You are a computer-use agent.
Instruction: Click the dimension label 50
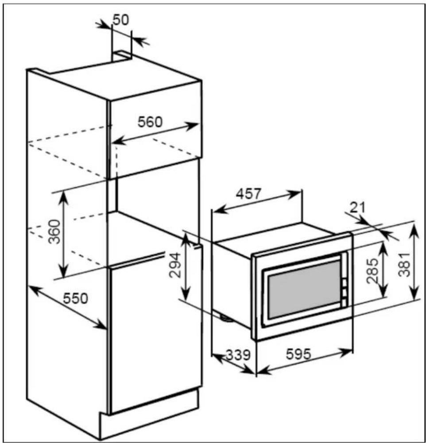(x=121, y=20)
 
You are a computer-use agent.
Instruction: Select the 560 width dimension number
(x=150, y=122)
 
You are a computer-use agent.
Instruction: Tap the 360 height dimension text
(x=54, y=231)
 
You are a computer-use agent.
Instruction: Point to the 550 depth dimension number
(x=75, y=298)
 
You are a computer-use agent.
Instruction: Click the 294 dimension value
(x=174, y=265)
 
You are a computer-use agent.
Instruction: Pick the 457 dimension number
(x=249, y=194)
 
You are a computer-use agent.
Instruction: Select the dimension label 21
(x=357, y=208)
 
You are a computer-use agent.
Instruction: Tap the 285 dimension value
(x=372, y=271)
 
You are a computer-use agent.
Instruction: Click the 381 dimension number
(x=404, y=265)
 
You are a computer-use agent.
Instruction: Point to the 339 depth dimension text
(x=238, y=355)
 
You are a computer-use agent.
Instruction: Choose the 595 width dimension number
(x=298, y=354)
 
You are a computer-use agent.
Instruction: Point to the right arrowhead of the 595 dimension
(x=346, y=353)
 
